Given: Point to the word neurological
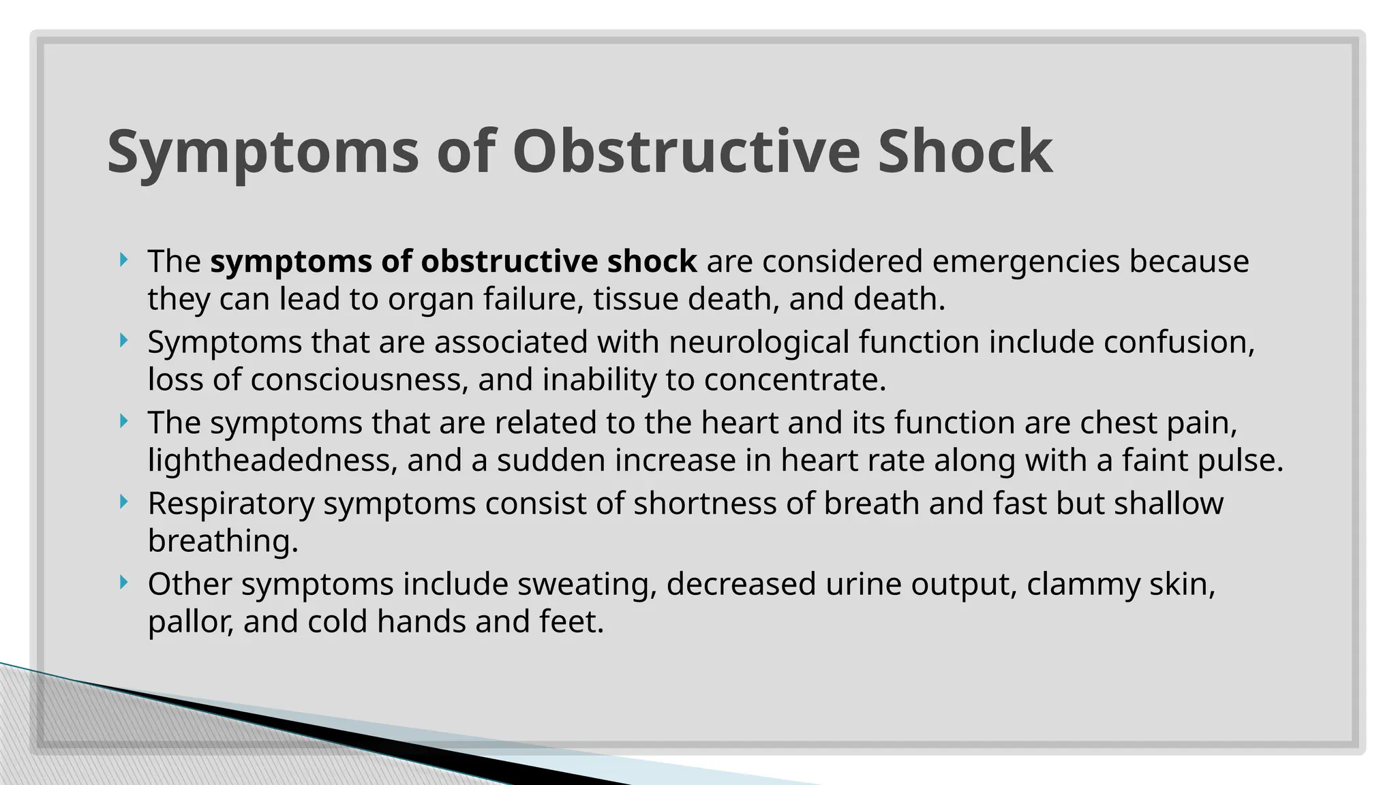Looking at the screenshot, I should coord(759,342).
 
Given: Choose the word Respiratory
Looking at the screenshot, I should coord(231,504).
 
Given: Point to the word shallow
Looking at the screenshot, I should coord(1168,504).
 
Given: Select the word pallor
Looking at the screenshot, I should coord(190,622).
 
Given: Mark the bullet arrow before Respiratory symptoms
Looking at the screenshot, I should coord(123,502).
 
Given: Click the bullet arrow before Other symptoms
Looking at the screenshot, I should coord(123,583).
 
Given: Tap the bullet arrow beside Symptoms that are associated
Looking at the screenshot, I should coord(123,340).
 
